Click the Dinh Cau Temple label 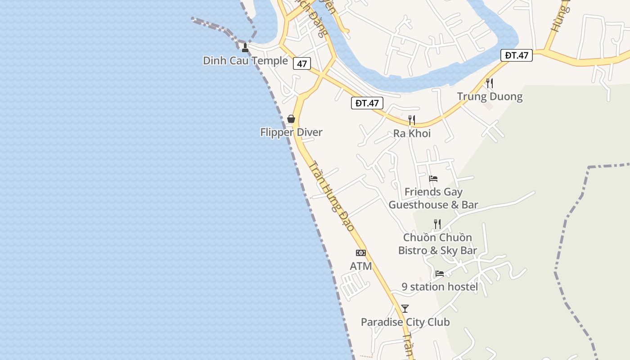click(x=245, y=61)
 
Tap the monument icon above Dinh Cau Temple click(x=245, y=47)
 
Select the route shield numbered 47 click(x=301, y=64)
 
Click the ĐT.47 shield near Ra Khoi click(x=367, y=103)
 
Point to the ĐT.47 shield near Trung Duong click(x=516, y=55)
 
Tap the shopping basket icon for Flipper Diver click(x=291, y=119)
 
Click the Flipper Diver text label click(x=291, y=132)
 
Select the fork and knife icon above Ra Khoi click(x=411, y=120)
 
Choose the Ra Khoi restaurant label click(x=412, y=133)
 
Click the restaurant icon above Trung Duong click(x=490, y=83)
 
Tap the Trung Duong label click(x=490, y=96)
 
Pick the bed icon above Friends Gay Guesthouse click(x=433, y=179)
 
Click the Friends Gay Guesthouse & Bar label click(x=433, y=198)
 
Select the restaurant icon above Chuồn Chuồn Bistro click(x=437, y=224)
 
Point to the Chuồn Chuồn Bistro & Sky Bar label click(x=437, y=244)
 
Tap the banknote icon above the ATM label click(x=361, y=253)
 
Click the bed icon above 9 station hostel click(x=440, y=274)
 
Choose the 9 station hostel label click(x=440, y=287)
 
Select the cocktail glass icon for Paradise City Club click(x=405, y=309)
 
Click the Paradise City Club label click(x=405, y=322)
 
